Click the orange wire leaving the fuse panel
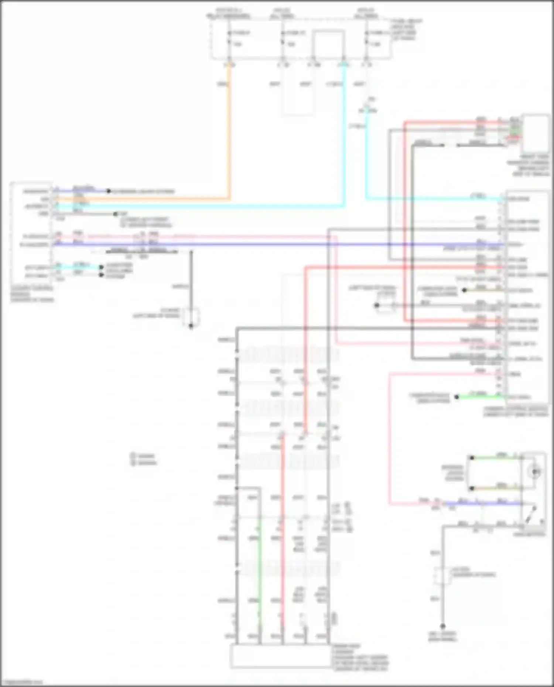[229, 129]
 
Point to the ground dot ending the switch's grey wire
[442, 626]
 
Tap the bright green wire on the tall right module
[480, 397]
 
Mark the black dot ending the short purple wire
[109, 191]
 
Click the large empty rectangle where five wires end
[281, 656]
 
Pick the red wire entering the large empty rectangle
[283, 554]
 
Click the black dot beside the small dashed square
[377, 305]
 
